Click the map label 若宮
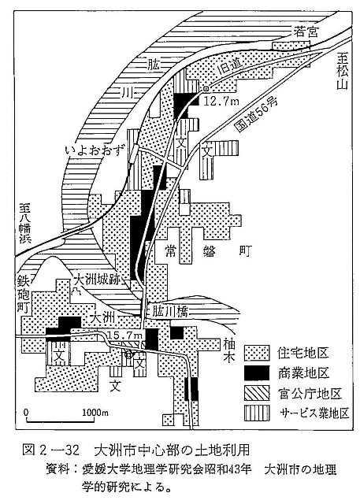pos(306,31)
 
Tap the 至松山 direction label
pos(343,72)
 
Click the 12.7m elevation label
pos(221,102)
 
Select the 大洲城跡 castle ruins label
pos(96,280)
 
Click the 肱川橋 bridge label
pos(169,312)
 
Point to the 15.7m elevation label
pos(125,335)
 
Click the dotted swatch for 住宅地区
pos(257,353)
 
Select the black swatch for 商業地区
pos(257,373)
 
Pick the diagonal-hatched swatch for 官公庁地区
pos(257,393)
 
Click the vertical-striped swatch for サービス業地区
pos(257,413)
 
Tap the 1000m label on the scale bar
pos(95,413)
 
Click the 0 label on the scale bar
pos(26,412)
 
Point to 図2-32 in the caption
pos(51,450)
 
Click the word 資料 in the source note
pos(58,469)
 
